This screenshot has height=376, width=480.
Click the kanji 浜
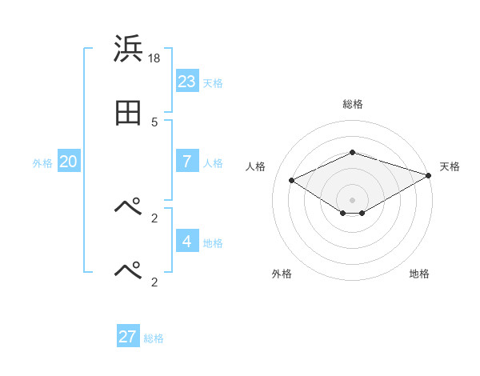(x=129, y=50)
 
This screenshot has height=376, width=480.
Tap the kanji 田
(x=129, y=114)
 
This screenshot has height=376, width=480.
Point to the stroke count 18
(x=155, y=58)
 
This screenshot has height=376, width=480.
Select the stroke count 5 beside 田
(x=154, y=122)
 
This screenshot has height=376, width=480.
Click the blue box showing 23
(x=187, y=82)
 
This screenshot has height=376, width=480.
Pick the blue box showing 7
(x=187, y=161)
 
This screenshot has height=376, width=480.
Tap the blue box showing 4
(x=187, y=242)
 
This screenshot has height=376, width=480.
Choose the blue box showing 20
(x=69, y=162)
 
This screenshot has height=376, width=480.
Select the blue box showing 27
(x=128, y=337)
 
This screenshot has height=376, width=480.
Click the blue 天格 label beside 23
(x=213, y=83)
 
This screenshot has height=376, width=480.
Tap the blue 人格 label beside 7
(x=213, y=162)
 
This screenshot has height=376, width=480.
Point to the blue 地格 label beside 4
(x=213, y=243)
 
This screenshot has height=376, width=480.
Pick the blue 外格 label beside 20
(x=42, y=163)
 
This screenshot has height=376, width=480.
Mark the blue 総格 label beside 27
(x=154, y=338)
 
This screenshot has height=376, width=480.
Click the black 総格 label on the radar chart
(x=353, y=104)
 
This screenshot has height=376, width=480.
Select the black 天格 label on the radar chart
(x=450, y=166)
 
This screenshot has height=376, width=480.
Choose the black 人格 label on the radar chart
(x=256, y=166)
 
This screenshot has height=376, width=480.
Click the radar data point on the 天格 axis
(x=430, y=175)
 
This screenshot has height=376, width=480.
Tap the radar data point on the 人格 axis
(x=292, y=180)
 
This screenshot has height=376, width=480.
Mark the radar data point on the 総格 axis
(x=353, y=152)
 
